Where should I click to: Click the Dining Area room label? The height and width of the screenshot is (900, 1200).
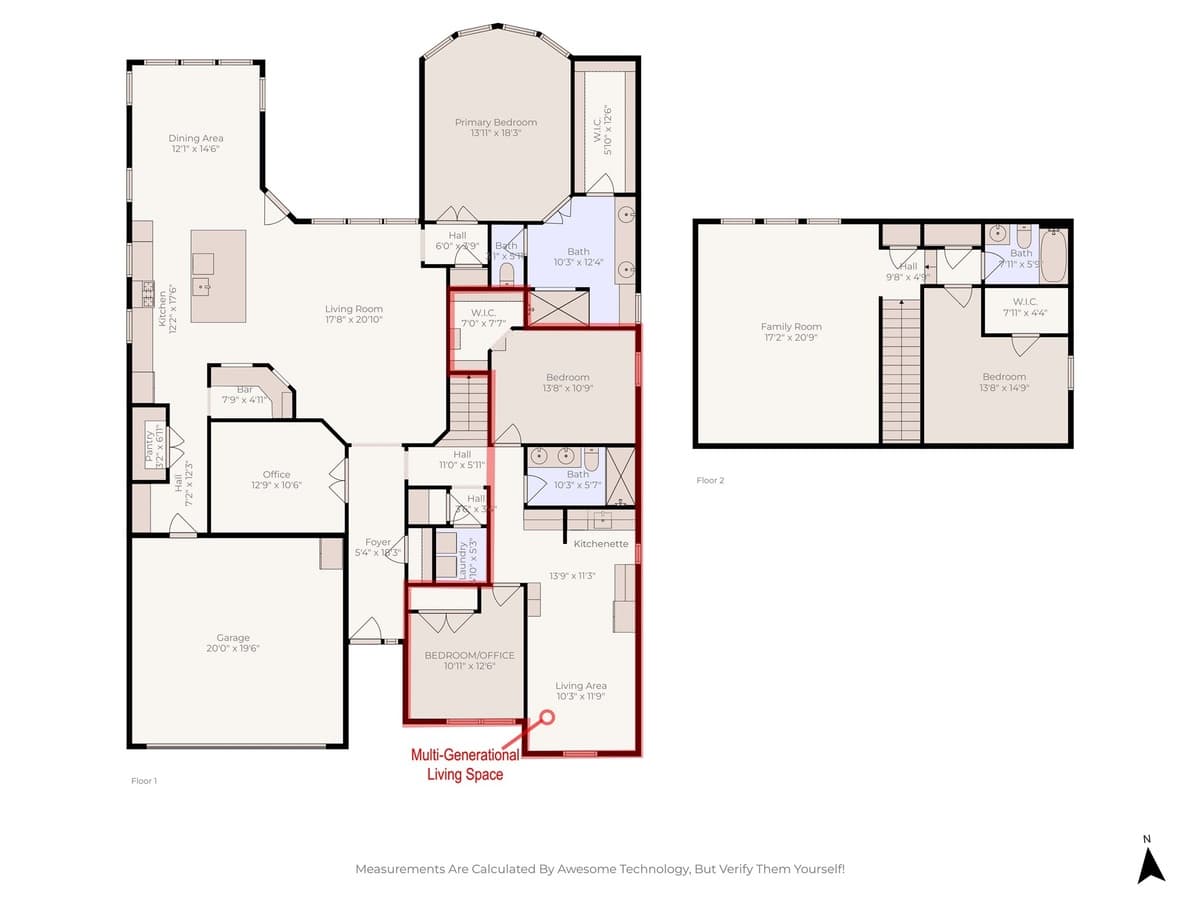(196, 138)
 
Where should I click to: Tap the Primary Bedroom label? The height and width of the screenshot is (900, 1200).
(496, 122)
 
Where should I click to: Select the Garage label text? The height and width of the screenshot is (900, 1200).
(233, 637)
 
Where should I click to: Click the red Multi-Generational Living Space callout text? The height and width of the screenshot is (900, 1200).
(465, 765)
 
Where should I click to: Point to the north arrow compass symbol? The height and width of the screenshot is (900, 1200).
(1151, 863)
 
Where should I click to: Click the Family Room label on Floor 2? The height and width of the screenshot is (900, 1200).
(791, 326)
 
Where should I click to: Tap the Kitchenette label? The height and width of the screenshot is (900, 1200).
(601, 544)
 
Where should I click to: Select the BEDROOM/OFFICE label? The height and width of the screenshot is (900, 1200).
(469, 655)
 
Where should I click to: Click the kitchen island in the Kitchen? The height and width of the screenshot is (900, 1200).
(218, 276)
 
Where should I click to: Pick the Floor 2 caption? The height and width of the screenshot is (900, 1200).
(710, 480)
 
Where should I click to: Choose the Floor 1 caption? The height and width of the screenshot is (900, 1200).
(145, 780)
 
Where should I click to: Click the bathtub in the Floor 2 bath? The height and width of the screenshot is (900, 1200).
(1054, 256)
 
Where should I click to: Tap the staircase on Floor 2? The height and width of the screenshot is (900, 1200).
(900, 370)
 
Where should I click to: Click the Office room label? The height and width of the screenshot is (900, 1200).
(277, 474)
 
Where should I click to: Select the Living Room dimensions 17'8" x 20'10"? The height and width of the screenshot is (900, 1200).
(354, 320)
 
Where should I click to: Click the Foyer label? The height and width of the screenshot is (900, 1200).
(378, 542)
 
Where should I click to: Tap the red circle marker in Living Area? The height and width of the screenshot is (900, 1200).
(547, 717)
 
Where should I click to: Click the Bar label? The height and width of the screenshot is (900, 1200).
(243, 390)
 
